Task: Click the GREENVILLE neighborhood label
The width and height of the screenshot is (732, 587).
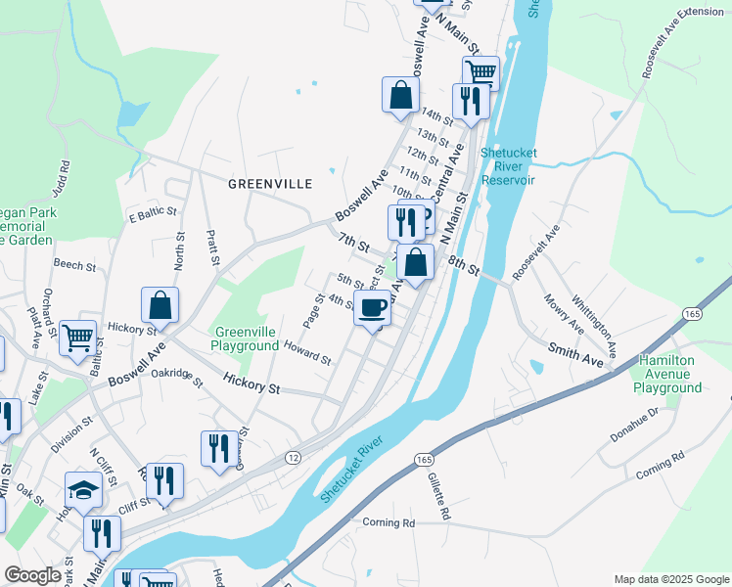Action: pyautogui.click(x=269, y=183)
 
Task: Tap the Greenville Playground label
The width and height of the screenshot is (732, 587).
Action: pyautogui.click(x=247, y=339)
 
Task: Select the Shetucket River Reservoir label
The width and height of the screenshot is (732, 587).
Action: pyautogui.click(x=507, y=166)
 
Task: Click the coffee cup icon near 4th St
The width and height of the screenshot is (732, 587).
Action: pyautogui.click(x=372, y=308)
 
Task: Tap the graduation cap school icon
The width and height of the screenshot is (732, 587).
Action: pyautogui.click(x=84, y=489)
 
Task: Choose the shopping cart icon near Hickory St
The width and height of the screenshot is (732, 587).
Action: pyautogui.click(x=78, y=338)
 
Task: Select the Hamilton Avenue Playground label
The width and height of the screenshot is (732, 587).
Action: pyautogui.click(x=670, y=374)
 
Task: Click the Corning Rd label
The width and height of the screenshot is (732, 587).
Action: pyautogui.click(x=389, y=522)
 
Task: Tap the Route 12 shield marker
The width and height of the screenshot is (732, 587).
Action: pyautogui.click(x=293, y=458)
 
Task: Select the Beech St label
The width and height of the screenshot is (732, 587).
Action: pyautogui.click(x=74, y=265)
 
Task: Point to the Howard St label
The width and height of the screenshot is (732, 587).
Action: pyautogui.click(x=307, y=352)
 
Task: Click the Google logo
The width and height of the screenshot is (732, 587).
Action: pyautogui.click(x=33, y=575)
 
